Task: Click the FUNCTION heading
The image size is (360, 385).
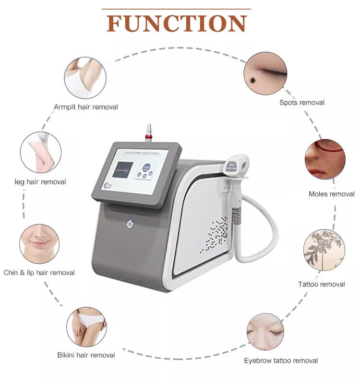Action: click(177, 23)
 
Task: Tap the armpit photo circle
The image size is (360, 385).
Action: click(84, 78)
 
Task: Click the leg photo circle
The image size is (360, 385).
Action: click(40, 152)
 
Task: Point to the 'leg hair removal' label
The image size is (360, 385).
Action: click(40, 182)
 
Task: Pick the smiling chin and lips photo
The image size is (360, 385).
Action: click(39, 244)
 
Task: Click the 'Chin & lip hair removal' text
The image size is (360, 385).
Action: click(39, 272)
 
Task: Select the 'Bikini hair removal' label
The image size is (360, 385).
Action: click(86, 355)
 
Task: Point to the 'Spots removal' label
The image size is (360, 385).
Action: click(302, 102)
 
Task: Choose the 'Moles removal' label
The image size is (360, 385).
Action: click(332, 194)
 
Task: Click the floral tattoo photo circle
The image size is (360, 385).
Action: click(324, 249)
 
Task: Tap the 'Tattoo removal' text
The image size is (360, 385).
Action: click(322, 284)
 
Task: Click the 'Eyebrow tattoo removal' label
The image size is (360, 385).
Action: click(281, 361)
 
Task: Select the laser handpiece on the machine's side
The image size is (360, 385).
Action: click(236, 177)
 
